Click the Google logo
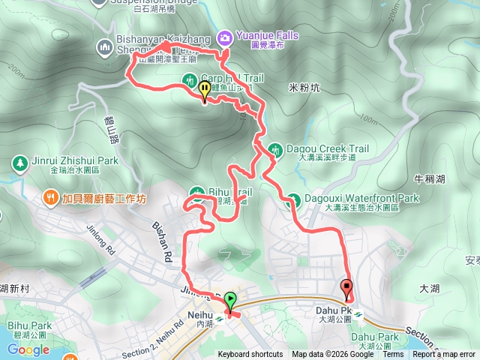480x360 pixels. click(x=28, y=349)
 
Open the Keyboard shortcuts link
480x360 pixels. click(x=250, y=355)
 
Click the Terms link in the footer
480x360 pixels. click(x=393, y=355)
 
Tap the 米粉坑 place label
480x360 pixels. click(x=304, y=88)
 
